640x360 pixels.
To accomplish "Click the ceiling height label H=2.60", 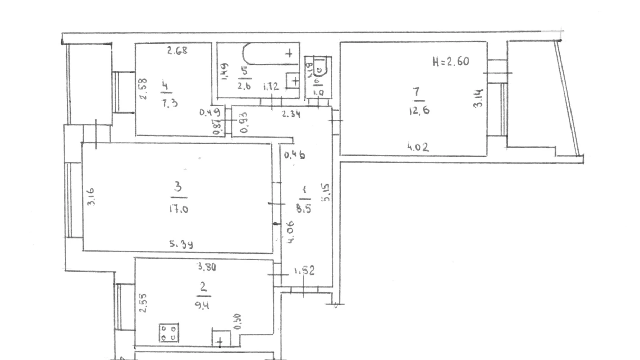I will coord(451,62).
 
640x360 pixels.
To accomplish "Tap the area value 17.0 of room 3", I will coord(179,209).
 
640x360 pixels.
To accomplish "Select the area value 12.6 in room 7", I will coord(419,111).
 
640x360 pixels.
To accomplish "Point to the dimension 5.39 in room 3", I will coord(181,244).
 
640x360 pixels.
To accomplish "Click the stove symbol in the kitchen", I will coord(169,332).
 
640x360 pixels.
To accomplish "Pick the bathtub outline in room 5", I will coord(270,54).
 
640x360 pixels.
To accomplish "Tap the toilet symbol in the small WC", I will coord(320,67).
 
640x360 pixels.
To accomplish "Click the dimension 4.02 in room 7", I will coord(418,147).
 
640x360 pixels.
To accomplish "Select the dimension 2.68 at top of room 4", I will coord(177,51).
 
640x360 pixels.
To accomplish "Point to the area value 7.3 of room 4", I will coord(170,103).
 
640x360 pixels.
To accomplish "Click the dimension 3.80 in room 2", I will coord(207,267).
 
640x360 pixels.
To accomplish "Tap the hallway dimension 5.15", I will coord(327,192).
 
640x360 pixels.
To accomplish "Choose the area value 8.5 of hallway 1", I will coord(303,209).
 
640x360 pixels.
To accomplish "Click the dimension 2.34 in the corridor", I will coord(291,114).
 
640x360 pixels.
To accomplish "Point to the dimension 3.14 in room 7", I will coord(478,98).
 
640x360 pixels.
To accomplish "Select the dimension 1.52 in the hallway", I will coord(304,270).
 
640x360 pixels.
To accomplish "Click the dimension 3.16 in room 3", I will coord(91,197).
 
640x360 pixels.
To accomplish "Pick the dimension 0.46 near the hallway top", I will coord(294,155).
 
